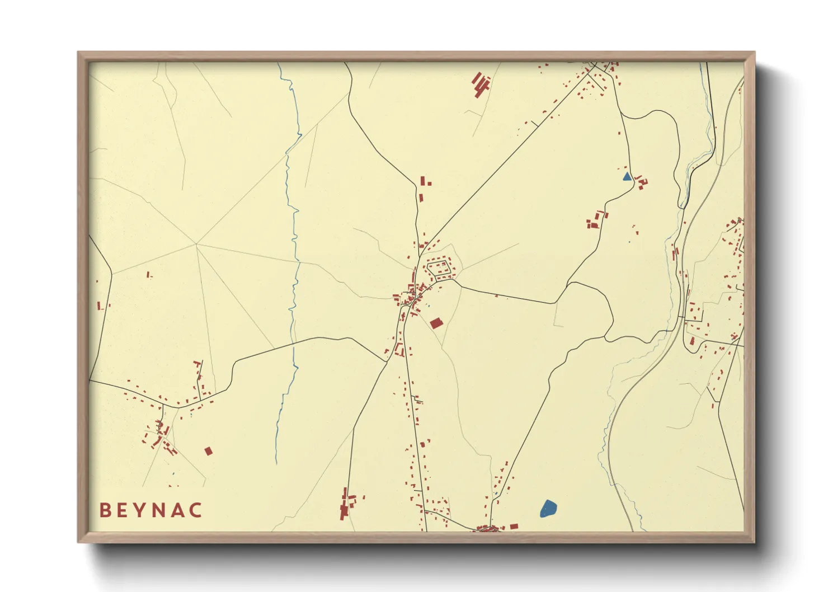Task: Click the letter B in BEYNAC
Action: pos(105,510)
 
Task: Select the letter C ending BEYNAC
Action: pos(195,510)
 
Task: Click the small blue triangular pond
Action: pos(627,177)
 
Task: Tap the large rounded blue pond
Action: pos(548,509)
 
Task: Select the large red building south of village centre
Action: pos(436,323)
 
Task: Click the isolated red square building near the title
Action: pos(209,451)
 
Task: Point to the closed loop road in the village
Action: pos(439,268)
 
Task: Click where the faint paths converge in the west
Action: pos(196,244)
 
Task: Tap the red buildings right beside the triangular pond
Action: pos(641,182)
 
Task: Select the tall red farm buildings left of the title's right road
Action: pos(345,505)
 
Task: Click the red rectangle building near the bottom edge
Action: pos(514,526)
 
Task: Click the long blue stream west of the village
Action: pos(293,252)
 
